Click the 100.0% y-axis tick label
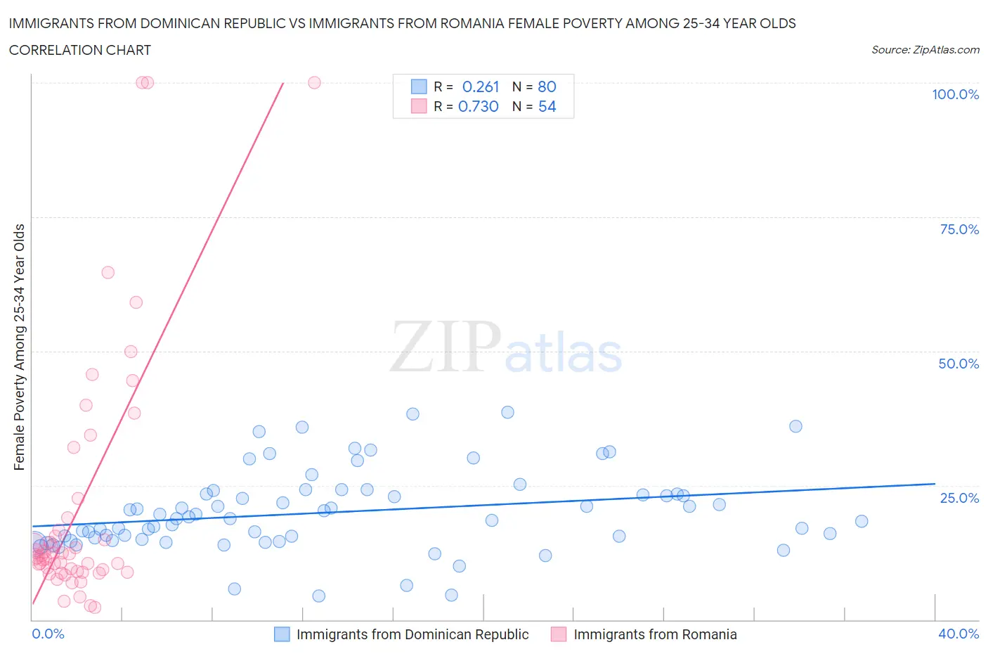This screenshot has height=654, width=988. pyautogui.click(x=955, y=94)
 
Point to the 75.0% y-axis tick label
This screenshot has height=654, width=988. pyautogui.click(x=958, y=229)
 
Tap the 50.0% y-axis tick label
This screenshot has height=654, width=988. pyautogui.click(x=958, y=364)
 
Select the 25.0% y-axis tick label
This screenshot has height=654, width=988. pyautogui.click(x=958, y=498)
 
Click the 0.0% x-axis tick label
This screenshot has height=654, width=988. pyautogui.click(x=48, y=634)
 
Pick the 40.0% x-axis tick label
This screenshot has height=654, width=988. pyautogui.click(x=958, y=634)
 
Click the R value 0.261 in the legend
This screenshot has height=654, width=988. pyautogui.click(x=481, y=86)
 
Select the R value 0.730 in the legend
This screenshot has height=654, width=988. pyautogui.click(x=478, y=106)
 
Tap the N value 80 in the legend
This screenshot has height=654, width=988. pyautogui.click(x=547, y=86)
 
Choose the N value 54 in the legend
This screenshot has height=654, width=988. pyautogui.click(x=547, y=106)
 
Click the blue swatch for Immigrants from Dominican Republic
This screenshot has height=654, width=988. pyautogui.click(x=282, y=634)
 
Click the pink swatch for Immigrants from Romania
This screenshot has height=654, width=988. pyautogui.click(x=559, y=634)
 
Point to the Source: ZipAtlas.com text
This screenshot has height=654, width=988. pyautogui.click(x=925, y=50)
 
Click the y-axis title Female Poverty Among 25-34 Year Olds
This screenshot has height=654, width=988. pyautogui.click(x=20, y=347)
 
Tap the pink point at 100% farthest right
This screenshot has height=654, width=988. pyautogui.click(x=314, y=82)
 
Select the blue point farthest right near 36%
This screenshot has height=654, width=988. pyautogui.click(x=795, y=426)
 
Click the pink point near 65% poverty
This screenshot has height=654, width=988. pyautogui.click(x=108, y=272)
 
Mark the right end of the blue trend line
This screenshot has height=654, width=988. pyautogui.click(x=935, y=484)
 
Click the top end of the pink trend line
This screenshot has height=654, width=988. pyautogui.click(x=283, y=83)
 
